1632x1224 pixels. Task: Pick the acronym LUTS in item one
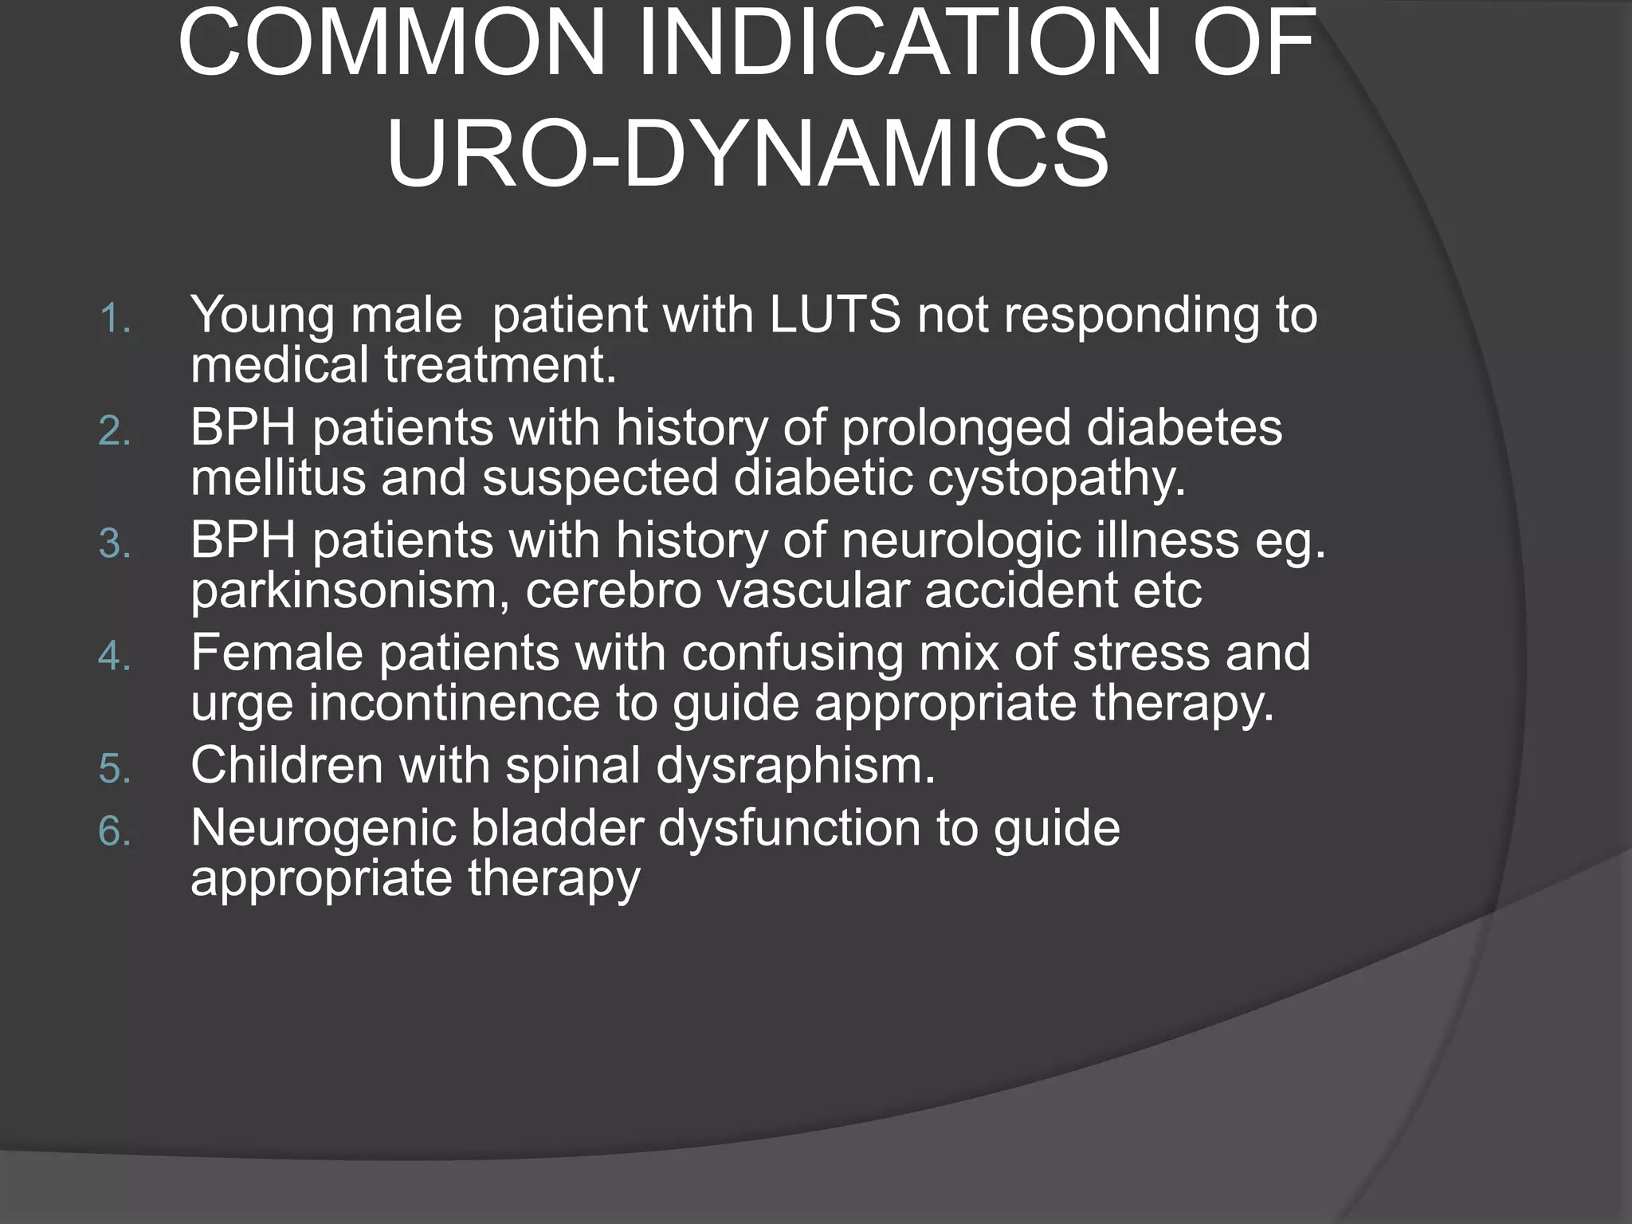point(834,314)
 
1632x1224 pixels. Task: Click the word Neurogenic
point(323,829)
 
